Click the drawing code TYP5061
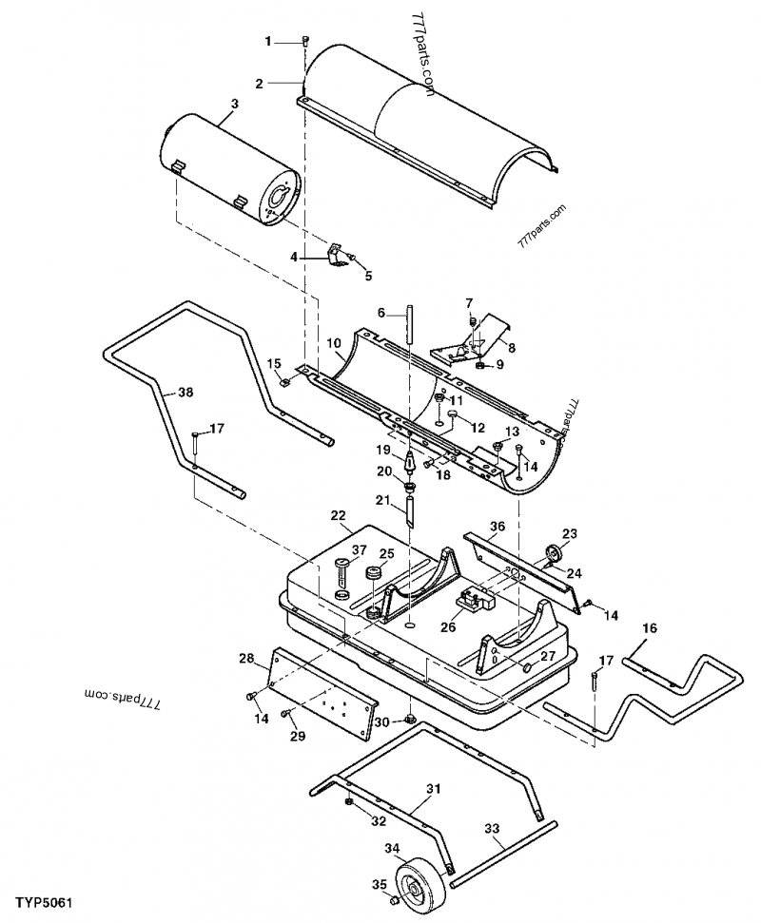click(x=44, y=900)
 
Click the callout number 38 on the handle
click(x=185, y=391)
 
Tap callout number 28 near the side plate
click(x=246, y=658)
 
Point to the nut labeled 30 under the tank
click(x=410, y=719)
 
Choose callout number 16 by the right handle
click(x=650, y=628)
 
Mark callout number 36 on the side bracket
click(x=497, y=526)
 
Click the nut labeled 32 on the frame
click(x=349, y=802)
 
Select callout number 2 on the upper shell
click(x=259, y=83)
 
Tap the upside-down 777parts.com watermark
click(x=120, y=699)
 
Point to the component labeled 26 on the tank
click(x=474, y=601)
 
